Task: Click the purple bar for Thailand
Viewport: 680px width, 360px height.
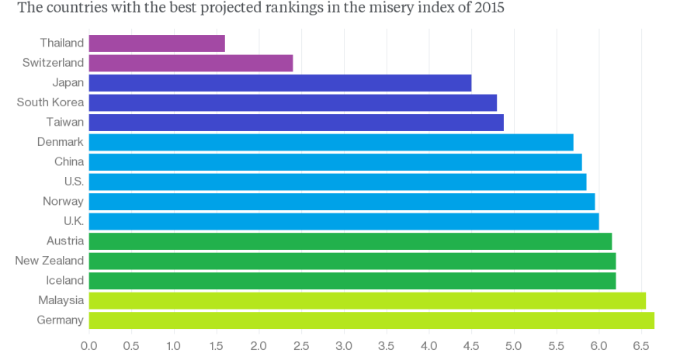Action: pyautogui.click(x=157, y=43)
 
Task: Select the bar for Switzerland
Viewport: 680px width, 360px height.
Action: pyautogui.click(x=191, y=63)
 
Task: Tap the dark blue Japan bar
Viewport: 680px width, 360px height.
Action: pyautogui.click(x=280, y=83)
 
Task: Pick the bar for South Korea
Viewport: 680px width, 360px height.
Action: pyautogui.click(x=293, y=102)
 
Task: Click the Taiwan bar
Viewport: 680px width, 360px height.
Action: pyautogui.click(x=297, y=123)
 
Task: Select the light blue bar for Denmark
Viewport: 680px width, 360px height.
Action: pyautogui.click(x=331, y=142)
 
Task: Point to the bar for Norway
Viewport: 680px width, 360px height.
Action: pyautogui.click(x=342, y=201)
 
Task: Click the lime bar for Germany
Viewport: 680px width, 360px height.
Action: pyautogui.click(x=372, y=320)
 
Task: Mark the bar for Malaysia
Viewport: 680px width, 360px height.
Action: pyautogui.click(x=367, y=300)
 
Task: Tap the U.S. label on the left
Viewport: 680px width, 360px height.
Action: pyautogui.click(x=75, y=182)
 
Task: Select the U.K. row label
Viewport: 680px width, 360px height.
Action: pyautogui.click(x=74, y=221)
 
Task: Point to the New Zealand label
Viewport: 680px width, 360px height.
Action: pyautogui.click(x=50, y=261)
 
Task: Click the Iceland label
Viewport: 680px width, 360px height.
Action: pyautogui.click(x=64, y=280)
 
